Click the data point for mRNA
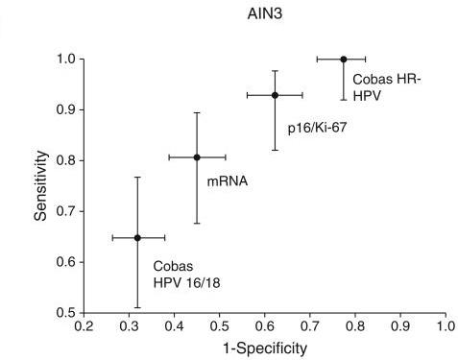tap(197, 157)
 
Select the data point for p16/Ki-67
tap(275, 95)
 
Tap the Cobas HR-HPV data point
tap(343, 60)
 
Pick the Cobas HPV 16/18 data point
tap(138, 237)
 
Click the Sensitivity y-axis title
tap(41, 185)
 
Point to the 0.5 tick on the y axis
tap(66, 313)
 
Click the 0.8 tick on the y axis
tap(66, 160)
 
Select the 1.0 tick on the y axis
tap(66, 60)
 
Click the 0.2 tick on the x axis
tap(84, 327)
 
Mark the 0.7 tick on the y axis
tap(66, 211)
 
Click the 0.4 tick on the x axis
tap(175, 327)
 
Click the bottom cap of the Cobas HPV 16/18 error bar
tap(138, 307)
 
